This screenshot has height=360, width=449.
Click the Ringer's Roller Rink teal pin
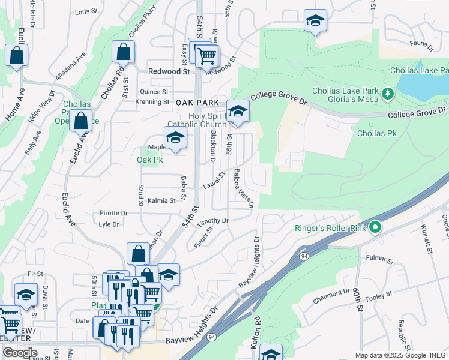pyautogui.click(x=376, y=227)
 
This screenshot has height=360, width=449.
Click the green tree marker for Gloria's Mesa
pyautogui.click(x=388, y=94)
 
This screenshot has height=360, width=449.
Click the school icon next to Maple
pyautogui.click(x=175, y=137)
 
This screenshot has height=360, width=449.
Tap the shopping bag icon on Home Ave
pyautogui.click(x=17, y=55)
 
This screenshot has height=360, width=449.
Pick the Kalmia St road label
pyautogui.click(x=161, y=200)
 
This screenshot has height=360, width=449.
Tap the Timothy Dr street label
pyautogui.click(x=213, y=220)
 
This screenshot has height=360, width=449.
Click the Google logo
pyautogui.click(x=20, y=353)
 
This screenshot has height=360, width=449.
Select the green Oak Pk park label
pyautogui.click(x=149, y=160)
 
